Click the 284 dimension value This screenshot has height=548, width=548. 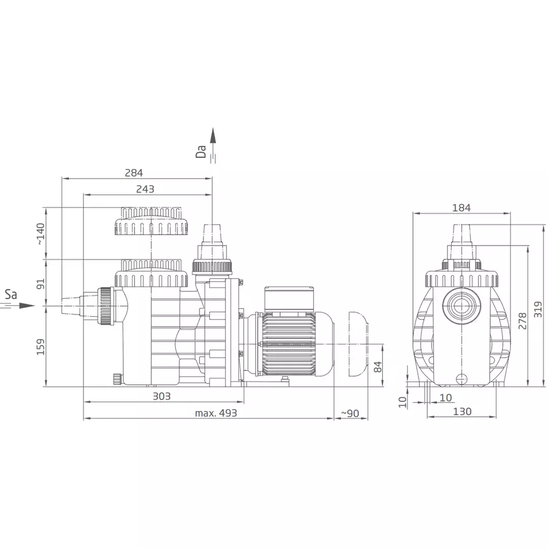(134, 173)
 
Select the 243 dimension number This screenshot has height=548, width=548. (145, 189)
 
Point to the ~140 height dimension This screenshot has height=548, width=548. (41, 234)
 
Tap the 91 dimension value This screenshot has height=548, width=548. (41, 284)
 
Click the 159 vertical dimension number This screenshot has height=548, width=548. (41, 347)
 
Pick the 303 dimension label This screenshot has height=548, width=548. (162, 396)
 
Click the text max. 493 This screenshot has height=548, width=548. (216, 413)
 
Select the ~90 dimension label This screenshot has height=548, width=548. (350, 414)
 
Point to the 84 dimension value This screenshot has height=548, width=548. (378, 367)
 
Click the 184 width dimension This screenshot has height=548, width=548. (461, 208)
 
